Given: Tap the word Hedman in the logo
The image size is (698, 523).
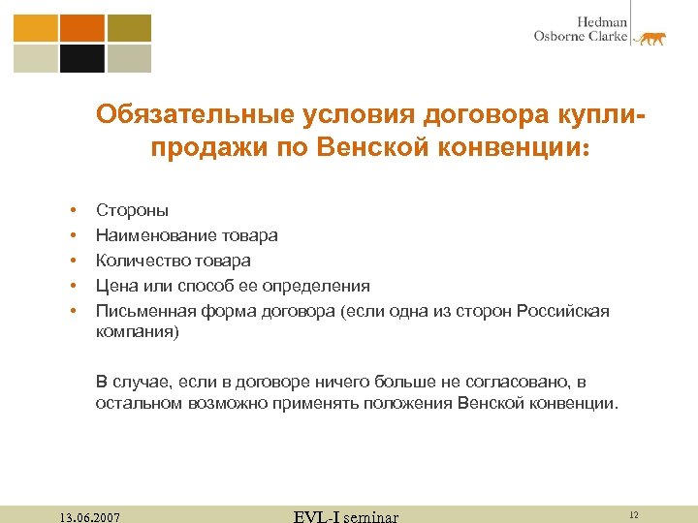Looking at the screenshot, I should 602,21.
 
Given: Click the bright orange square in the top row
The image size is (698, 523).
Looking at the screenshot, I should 81,27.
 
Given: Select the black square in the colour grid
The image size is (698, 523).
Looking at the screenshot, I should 81,58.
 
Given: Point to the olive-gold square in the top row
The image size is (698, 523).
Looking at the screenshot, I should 129,27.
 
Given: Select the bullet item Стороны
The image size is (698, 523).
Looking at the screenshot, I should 132,209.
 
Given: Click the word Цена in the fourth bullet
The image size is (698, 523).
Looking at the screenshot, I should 113,286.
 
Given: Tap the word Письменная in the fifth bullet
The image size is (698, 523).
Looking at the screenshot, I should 145,311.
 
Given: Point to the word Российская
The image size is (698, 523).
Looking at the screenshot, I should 563,311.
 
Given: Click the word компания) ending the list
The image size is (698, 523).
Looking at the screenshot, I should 137,331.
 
